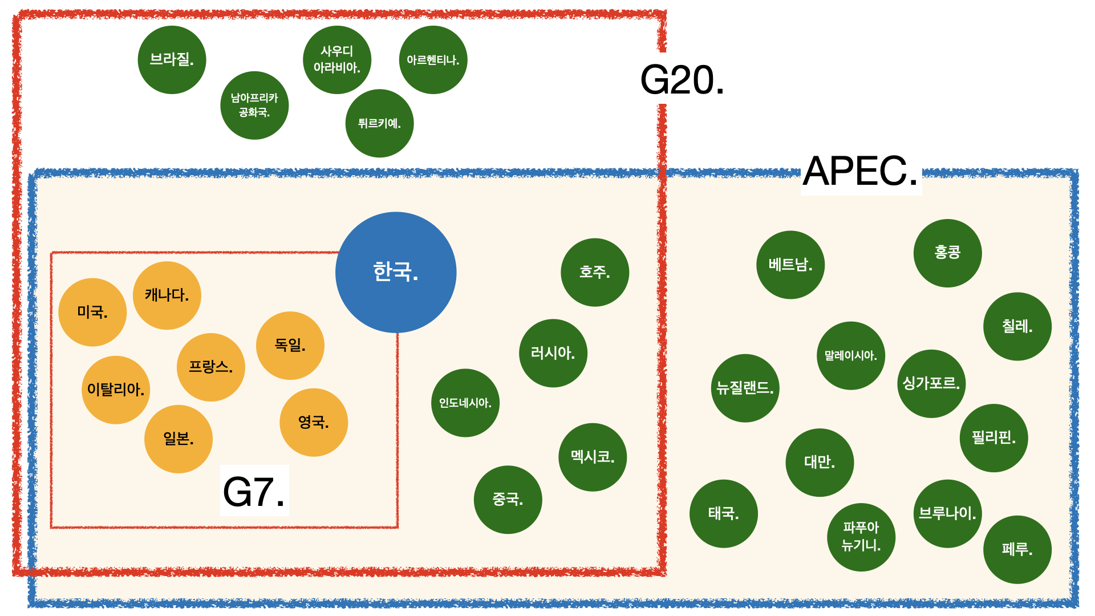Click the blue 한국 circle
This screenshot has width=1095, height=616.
[x=396, y=272]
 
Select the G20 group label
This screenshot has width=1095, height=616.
[x=682, y=80]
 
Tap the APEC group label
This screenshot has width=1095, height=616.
[x=861, y=171]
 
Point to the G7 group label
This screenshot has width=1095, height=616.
[x=254, y=491]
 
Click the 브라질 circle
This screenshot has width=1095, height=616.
[x=172, y=60]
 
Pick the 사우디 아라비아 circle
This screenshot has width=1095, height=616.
[x=337, y=60]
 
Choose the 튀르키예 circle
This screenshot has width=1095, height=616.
[x=379, y=123]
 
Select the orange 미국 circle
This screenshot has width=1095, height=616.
[x=92, y=312]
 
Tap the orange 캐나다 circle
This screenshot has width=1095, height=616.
[x=167, y=295]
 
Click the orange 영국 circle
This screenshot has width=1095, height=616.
[x=314, y=422]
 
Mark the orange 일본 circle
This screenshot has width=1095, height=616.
[x=179, y=439]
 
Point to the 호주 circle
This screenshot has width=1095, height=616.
[x=595, y=272]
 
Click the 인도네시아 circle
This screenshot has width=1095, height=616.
[x=465, y=403]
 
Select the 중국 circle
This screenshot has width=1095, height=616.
[x=508, y=500]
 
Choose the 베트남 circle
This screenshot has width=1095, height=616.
[x=790, y=265]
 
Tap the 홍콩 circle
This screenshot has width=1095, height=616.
[x=947, y=253]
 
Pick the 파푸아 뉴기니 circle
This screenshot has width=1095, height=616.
[x=861, y=537]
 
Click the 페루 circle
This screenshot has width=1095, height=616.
[x=1017, y=549]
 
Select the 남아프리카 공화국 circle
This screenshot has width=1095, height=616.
[x=254, y=106]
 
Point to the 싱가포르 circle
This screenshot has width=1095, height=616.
[x=931, y=383]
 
